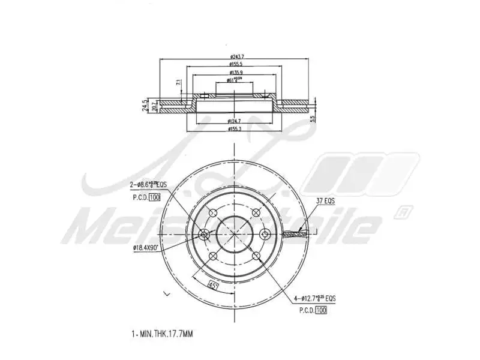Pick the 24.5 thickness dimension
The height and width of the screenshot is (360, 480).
coord(145,106)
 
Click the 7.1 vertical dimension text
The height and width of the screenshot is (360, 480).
coord(178,83)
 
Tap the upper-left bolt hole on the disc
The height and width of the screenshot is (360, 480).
coord(212,212)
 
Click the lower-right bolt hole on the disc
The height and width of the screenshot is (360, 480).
coord(256,256)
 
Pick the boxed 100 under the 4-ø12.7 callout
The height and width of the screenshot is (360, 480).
coord(321,311)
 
